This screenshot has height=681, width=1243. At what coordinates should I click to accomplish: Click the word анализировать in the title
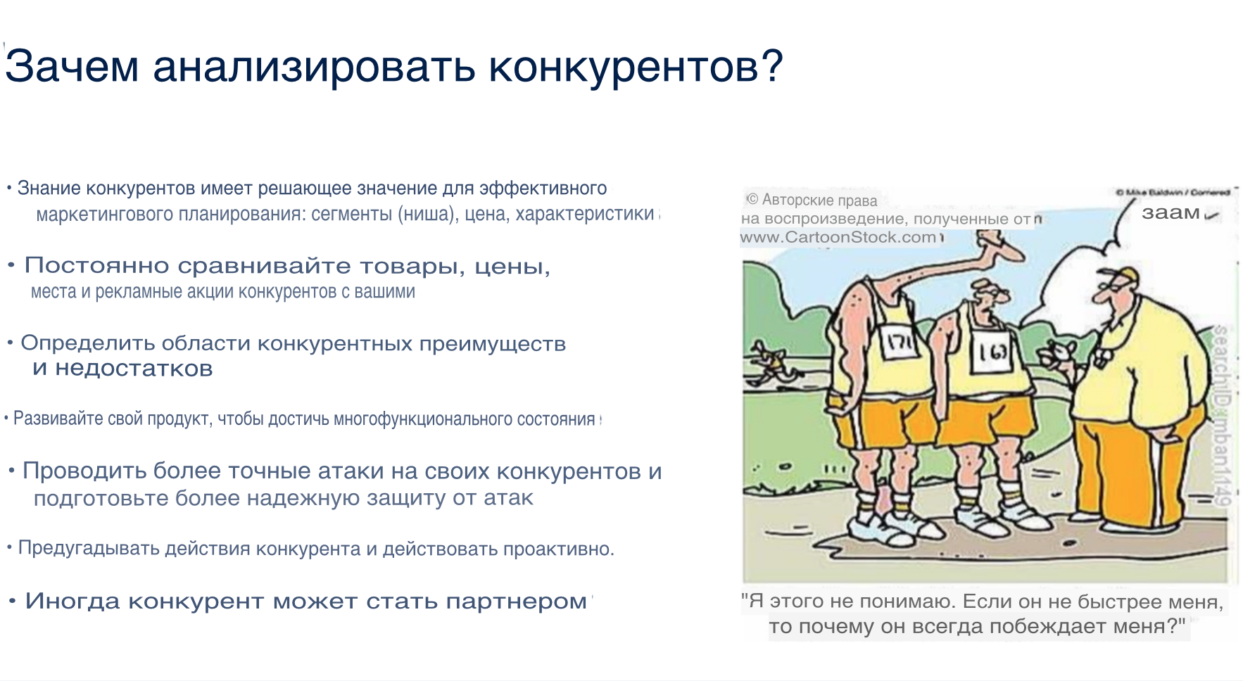click(313, 66)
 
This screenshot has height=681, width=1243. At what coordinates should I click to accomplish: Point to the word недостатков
click(134, 369)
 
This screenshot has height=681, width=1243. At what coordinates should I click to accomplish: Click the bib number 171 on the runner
click(900, 343)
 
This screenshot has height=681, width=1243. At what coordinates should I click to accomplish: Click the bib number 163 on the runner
click(992, 351)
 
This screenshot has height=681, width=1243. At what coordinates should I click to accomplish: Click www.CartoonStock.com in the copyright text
click(838, 238)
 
